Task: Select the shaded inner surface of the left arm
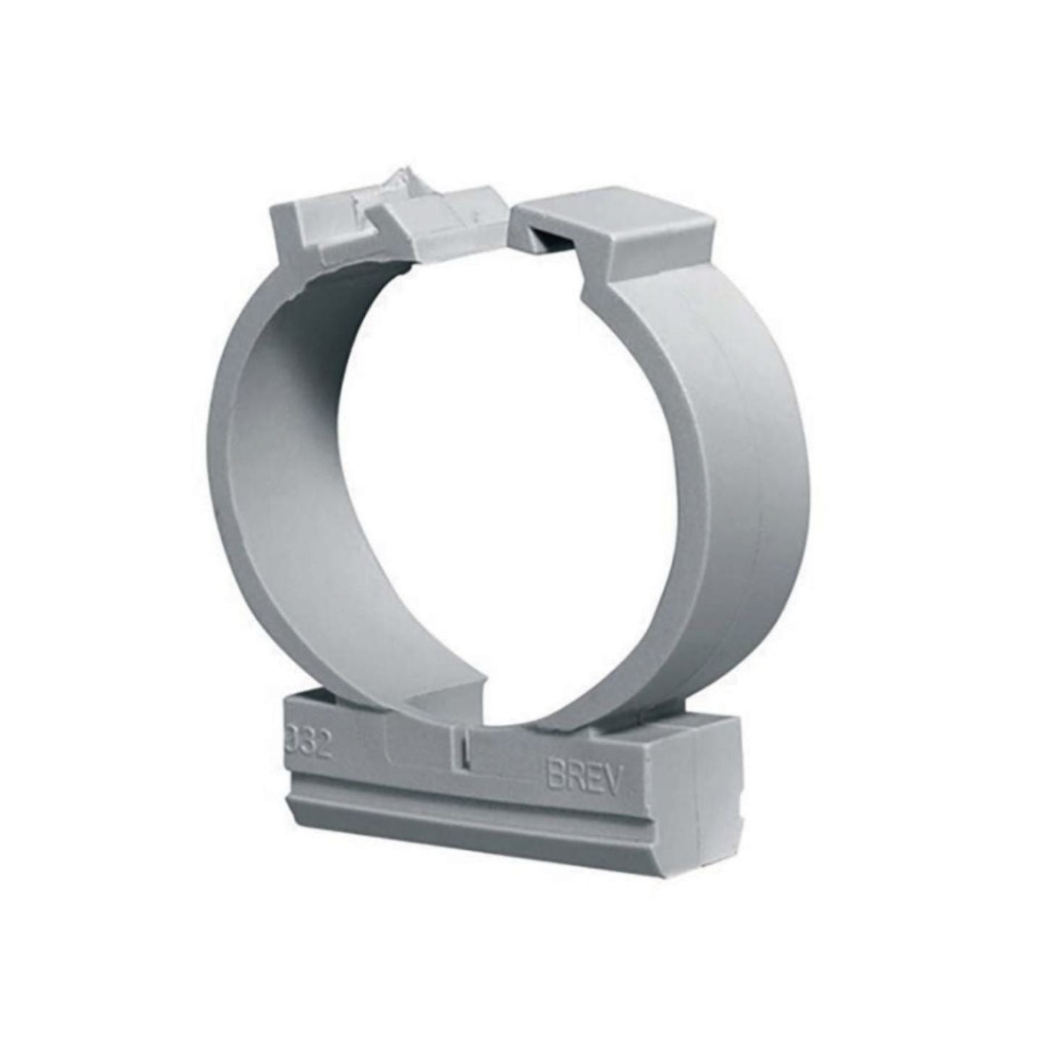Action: [x=290, y=463]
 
